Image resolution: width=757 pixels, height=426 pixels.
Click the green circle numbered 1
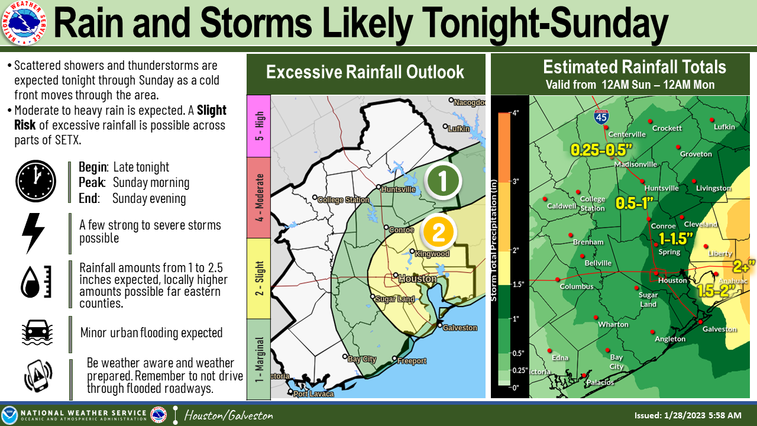pos(443,182)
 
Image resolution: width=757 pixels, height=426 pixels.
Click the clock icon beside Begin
pos(35,181)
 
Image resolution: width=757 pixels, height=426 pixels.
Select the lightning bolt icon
pos(33,233)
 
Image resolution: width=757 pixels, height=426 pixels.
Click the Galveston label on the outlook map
pos(460,328)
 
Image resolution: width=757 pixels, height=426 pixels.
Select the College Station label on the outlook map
pos(343,200)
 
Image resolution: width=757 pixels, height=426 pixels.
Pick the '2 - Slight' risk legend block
pos(258,278)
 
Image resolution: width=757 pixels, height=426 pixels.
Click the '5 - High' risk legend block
pos(258,126)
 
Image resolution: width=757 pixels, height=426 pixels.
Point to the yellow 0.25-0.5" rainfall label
pos(601,150)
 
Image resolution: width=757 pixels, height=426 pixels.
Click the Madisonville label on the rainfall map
pos(635,164)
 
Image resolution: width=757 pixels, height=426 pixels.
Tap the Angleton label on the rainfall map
pos(669,339)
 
